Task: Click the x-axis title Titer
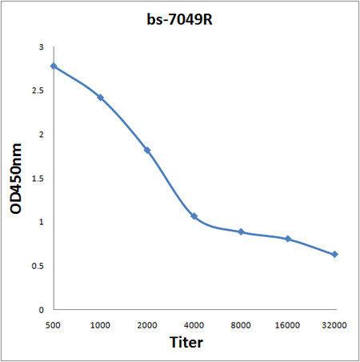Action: [186, 343]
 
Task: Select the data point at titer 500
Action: [54, 66]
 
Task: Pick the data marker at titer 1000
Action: [100, 97]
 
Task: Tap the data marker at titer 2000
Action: [147, 150]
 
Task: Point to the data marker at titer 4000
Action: [194, 216]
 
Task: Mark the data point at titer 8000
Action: [241, 231]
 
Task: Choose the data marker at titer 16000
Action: [288, 239]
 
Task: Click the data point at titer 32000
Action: [334, 255]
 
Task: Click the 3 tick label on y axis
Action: [41, 48]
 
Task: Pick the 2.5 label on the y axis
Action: [38, 91]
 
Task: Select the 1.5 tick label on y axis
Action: [38, 179]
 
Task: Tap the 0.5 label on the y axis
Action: [38, 266]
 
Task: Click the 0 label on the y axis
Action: [41, 309]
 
